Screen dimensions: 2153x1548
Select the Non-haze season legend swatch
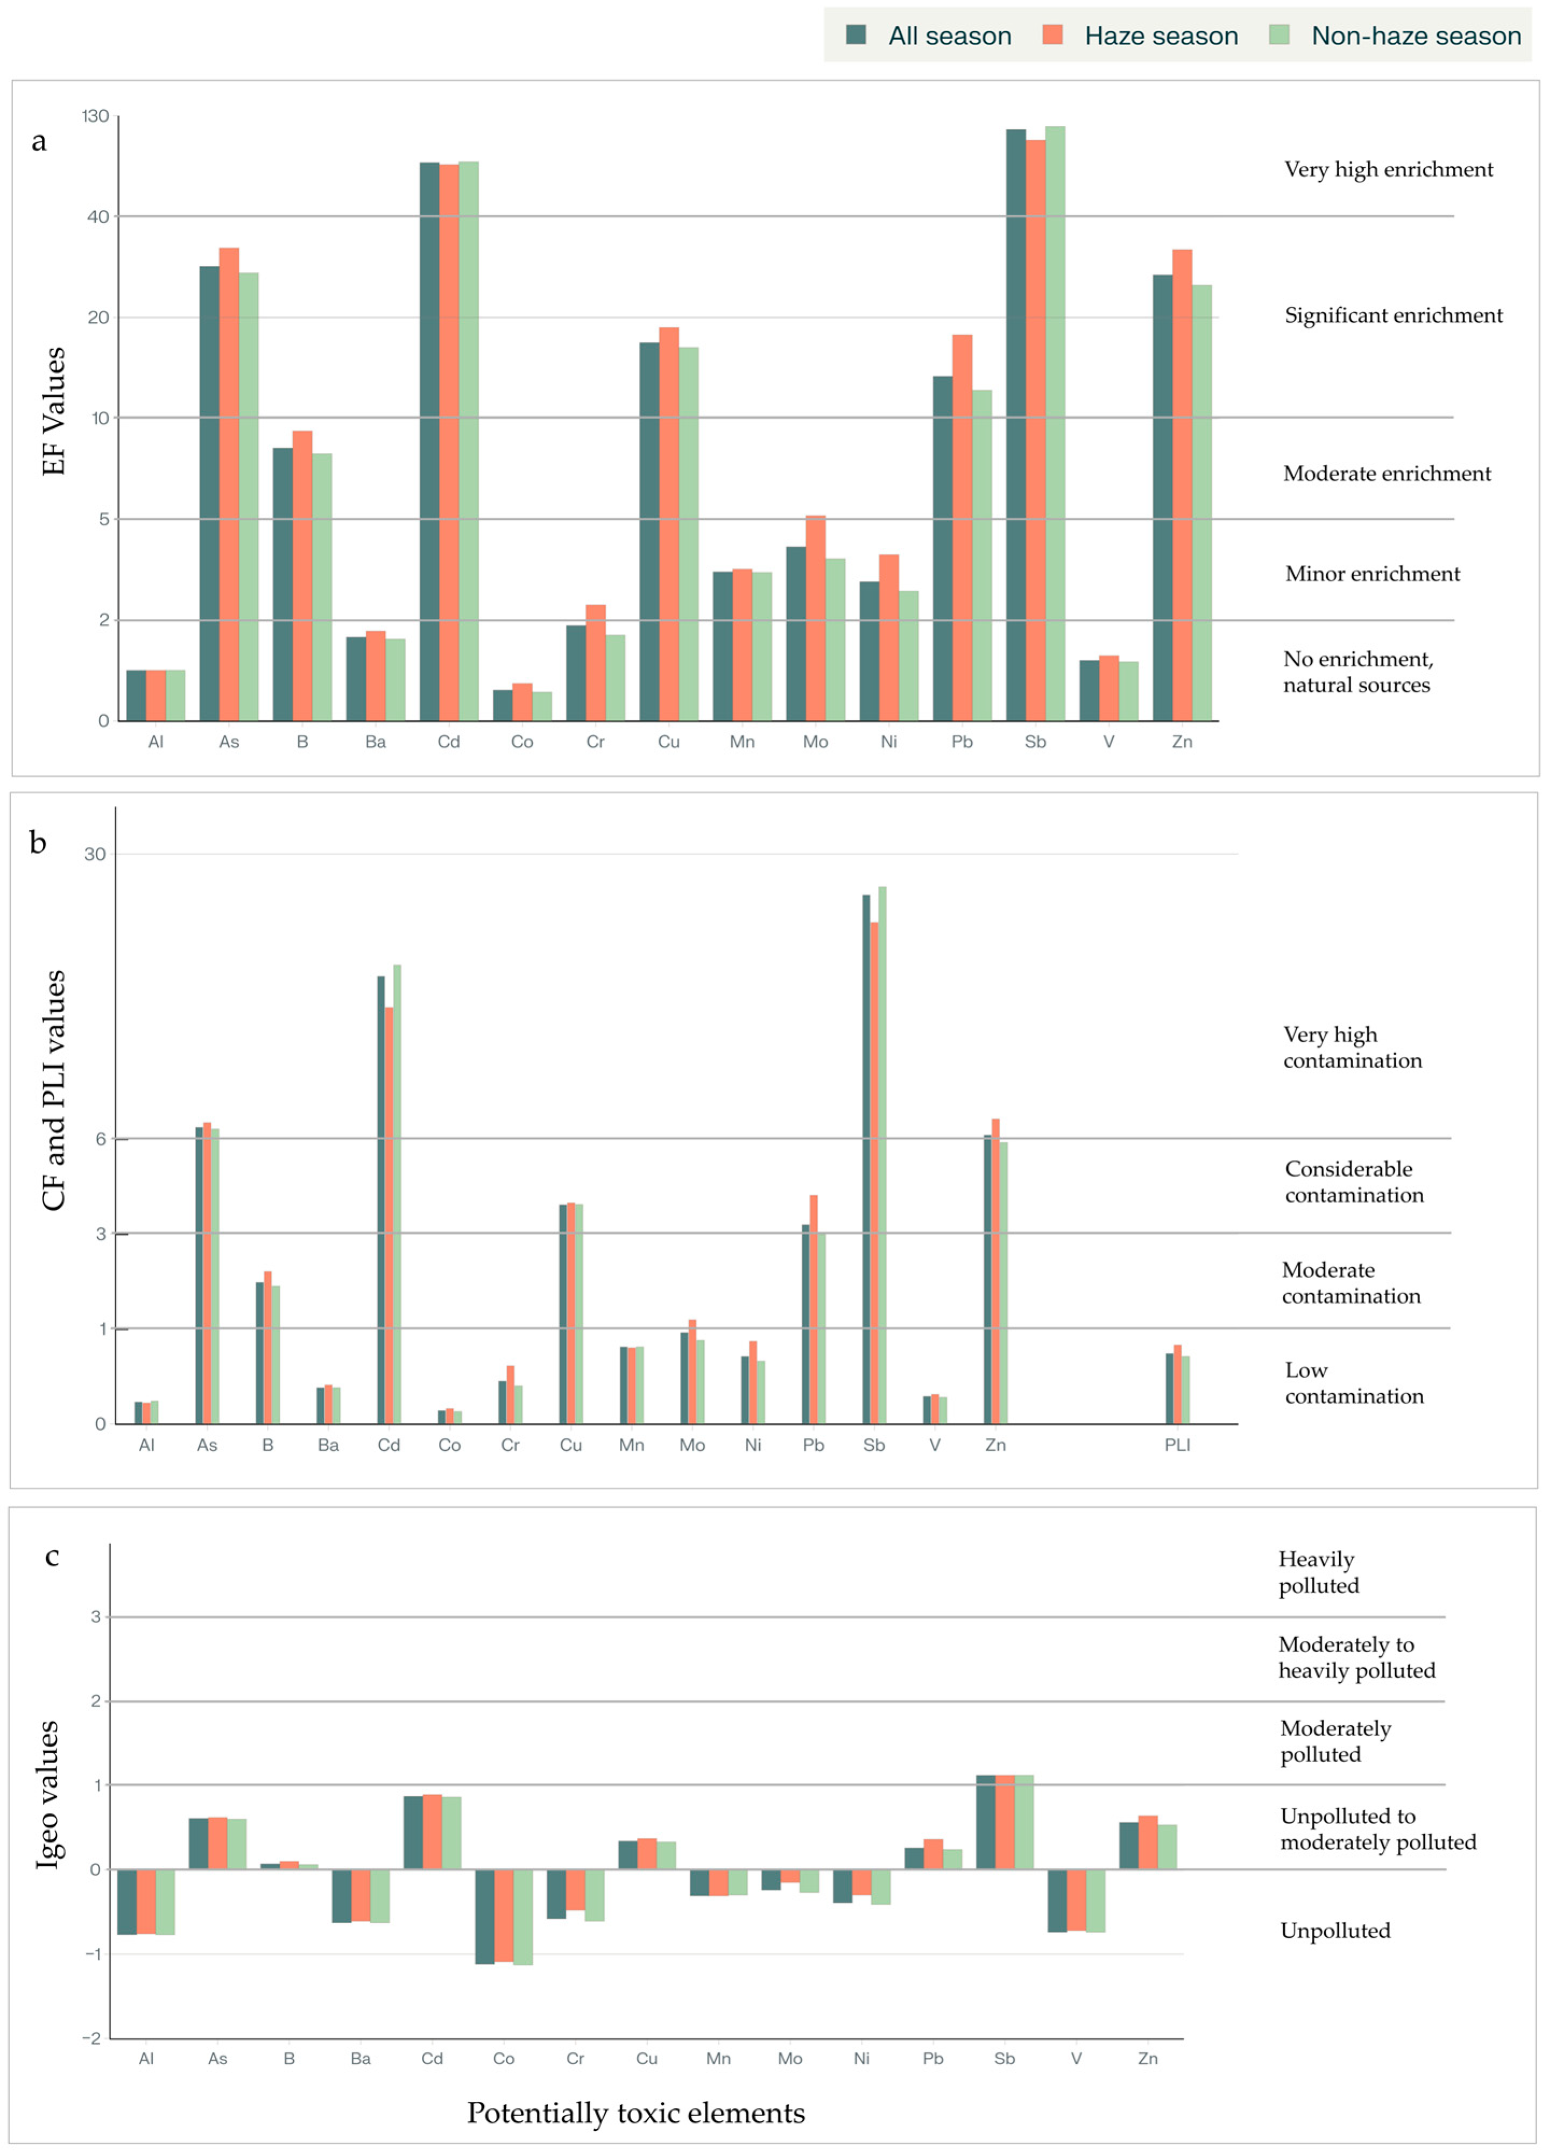point(1278,35)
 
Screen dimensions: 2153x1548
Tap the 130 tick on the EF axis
point(95,116)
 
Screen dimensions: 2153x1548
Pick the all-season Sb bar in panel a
point(1015,425)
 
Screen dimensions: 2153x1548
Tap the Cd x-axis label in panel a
point(448,742)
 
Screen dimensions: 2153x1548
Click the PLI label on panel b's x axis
point(1177,1445)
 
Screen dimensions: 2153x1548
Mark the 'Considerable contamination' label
point(1353,1182)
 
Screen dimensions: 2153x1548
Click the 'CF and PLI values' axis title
point(54,1090)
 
